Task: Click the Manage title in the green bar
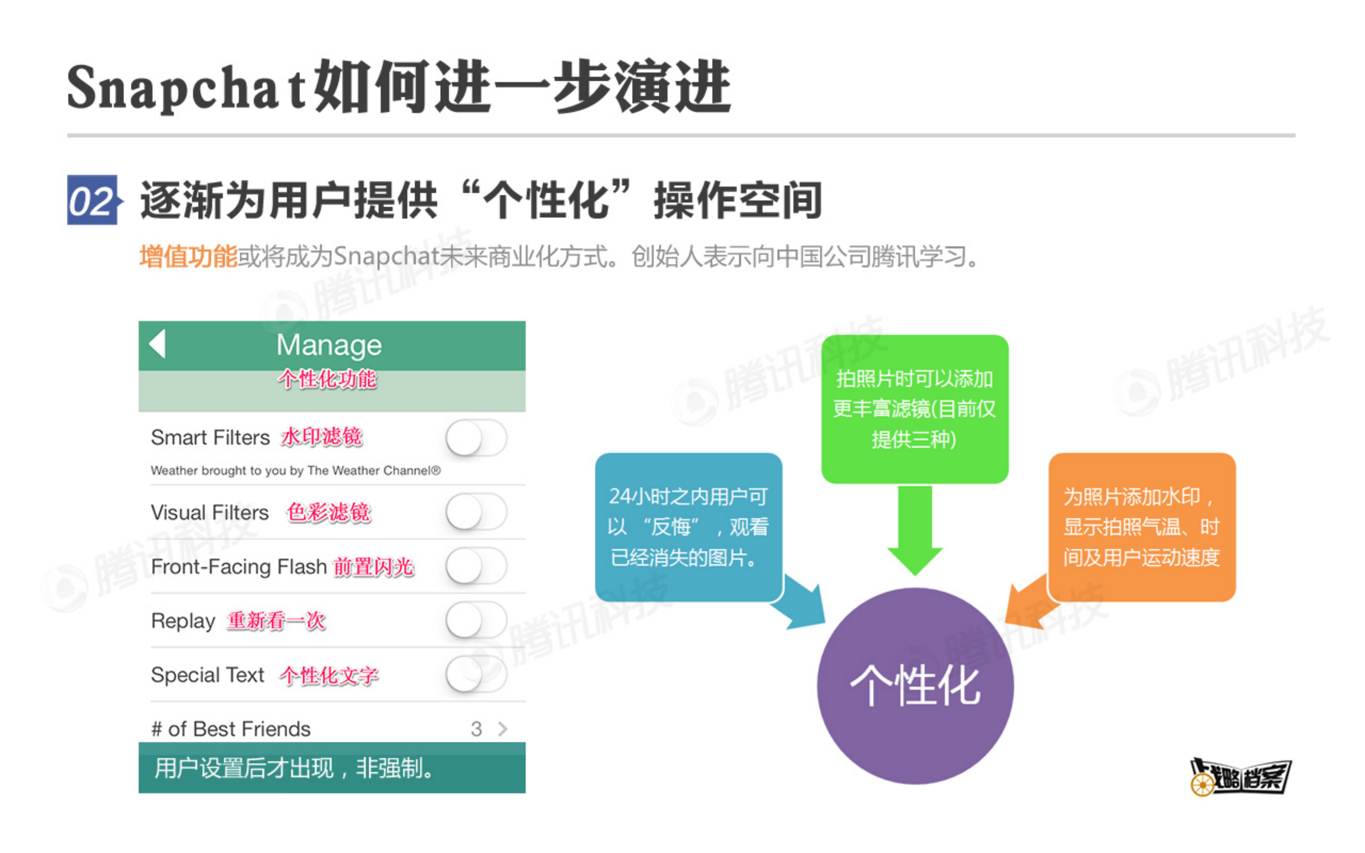(329, 345)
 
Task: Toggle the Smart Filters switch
(476, 438)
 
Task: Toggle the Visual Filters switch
(476, 512)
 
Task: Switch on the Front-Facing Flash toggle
(476, 566)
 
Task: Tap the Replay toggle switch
(476, 620)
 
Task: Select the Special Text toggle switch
(476, 674)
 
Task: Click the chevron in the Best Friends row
(503, 729)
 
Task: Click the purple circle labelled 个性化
(915, 686)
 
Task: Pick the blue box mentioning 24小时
(688, 527)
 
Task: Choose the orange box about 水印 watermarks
(1142, 527)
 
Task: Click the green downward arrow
(915, 530)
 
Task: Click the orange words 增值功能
(188, 257)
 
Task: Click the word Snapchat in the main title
(186, 88)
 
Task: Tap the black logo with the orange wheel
(1240, 777)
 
